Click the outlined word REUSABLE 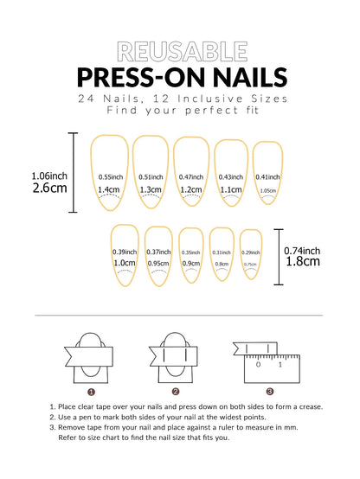point(179,49)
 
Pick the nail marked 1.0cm point(124,254)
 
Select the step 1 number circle point(90,391)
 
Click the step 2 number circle point(176,391)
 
